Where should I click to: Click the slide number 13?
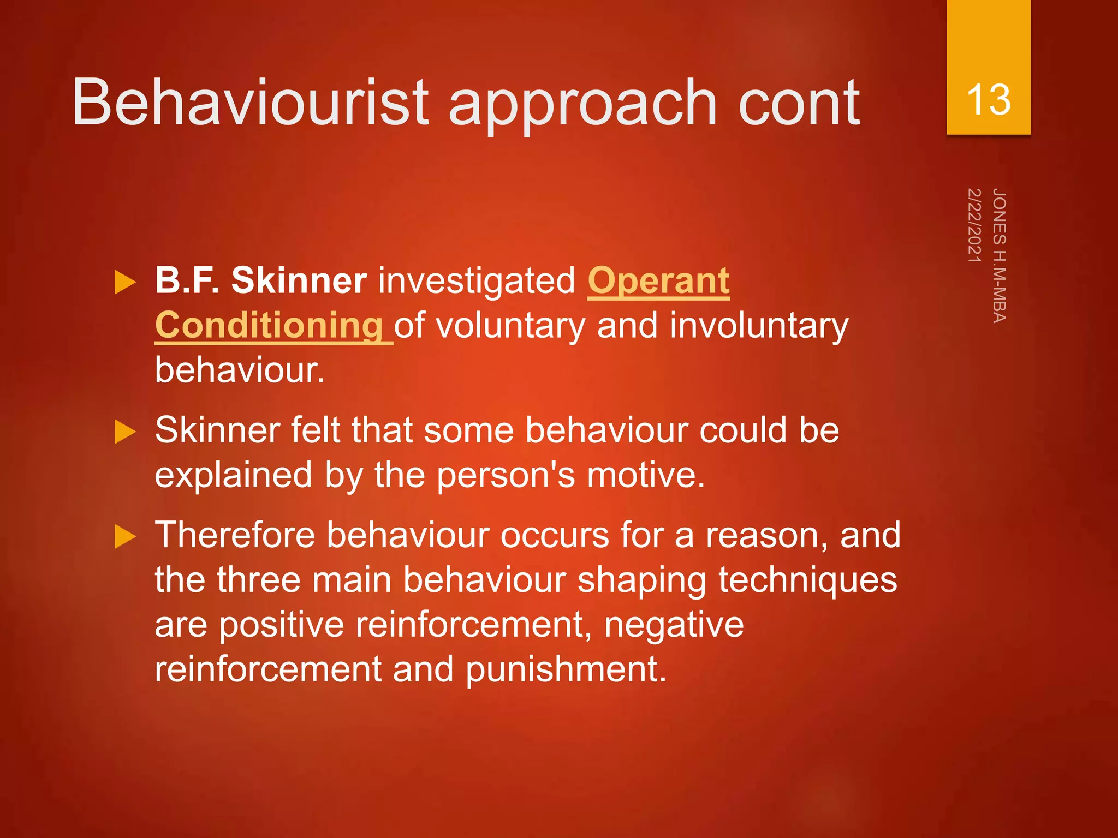pos(988,100)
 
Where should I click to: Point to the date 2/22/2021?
pos(974,225)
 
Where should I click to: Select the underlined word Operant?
pos(658,282)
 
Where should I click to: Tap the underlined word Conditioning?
pos(269,326)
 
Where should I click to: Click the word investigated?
pos(477,282)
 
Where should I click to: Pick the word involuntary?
pos(759,326)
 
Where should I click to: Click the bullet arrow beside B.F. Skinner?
pos(125,283)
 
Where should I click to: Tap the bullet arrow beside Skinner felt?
pos(125,432)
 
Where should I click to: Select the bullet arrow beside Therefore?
pos(125,537)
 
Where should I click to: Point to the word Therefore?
pos(235,535)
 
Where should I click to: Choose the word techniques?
pos(807,579)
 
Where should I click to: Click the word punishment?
pos(566,669)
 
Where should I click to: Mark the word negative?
pos(674,624)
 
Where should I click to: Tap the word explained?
pos(234,476)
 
